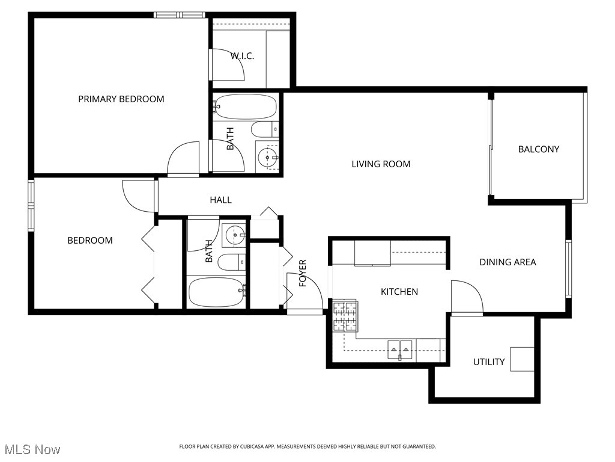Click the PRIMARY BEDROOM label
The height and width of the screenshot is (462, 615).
click(121, 99)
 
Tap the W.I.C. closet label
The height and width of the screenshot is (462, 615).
click(242, 55)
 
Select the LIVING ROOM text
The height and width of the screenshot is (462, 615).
click(381, 164)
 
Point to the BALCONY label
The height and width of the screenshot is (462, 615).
click(538, 149)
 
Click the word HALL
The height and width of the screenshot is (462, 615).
click(220, 200)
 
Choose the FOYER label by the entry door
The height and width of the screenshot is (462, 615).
click(303, 273)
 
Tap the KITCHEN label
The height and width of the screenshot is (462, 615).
click(399, 292)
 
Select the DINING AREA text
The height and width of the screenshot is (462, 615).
click(507, 262)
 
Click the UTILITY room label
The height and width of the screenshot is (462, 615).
click(488, 362)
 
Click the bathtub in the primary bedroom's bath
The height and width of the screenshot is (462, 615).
click(246, 107)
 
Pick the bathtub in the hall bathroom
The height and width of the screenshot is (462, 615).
click(216, 292)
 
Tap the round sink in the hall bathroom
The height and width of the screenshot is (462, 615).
click(234, 235)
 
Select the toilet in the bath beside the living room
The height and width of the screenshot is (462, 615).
click(265, 129)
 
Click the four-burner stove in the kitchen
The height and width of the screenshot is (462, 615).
click(345, 316)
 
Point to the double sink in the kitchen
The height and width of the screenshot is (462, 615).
click(400, 348)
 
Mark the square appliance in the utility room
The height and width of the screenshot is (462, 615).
click(522, 359)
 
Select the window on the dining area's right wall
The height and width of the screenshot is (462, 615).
click(568, 268)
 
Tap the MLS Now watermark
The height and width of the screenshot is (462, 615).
click(32, 449)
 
